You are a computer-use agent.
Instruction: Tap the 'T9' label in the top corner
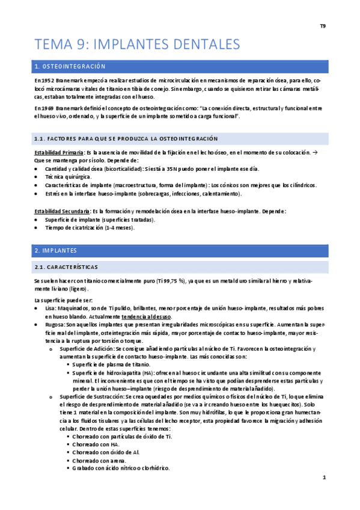323,26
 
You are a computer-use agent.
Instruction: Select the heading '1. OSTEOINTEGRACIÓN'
70,66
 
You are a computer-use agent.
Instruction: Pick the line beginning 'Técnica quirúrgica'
69,178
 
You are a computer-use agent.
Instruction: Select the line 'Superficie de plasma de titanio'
111,364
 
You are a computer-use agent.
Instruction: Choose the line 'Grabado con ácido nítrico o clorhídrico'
121,468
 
